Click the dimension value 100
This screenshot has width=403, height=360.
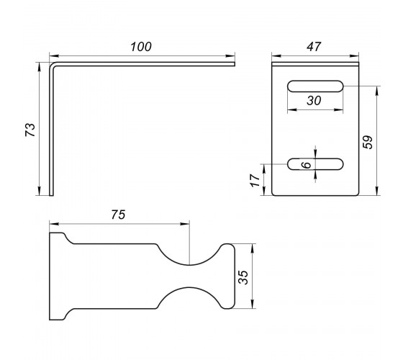tap(141, 47)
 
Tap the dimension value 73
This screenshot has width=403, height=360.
tap(30, 130)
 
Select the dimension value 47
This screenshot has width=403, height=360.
tap(314, 47)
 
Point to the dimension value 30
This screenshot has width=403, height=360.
tap(314, 101)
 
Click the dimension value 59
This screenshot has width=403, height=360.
tap(368, 142)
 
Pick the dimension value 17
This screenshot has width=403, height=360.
tap(255, 181)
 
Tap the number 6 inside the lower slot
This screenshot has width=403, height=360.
tap(307, 165)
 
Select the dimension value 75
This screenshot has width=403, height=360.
tap(118, 215)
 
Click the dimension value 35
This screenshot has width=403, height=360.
tap(243, 277)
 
